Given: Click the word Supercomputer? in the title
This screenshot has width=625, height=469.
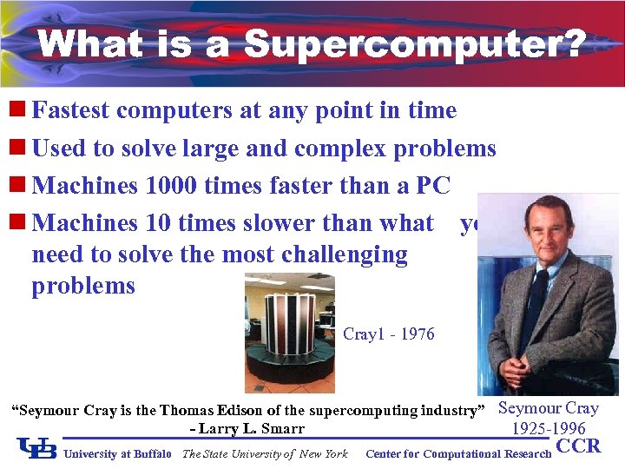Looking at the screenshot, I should [415, 44].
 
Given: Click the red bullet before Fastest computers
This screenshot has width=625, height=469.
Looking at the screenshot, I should [17, 110].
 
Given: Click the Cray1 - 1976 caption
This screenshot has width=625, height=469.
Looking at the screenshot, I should [389, 334].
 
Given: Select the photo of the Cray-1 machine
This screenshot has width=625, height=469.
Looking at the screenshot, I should [288, 333].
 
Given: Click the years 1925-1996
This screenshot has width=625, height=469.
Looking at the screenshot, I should [549, 428].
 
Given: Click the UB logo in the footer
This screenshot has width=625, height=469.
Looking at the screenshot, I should [37, 448].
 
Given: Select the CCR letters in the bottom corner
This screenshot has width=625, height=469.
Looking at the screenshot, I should [578, 447].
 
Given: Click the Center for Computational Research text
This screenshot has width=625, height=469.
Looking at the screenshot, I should [458, 453].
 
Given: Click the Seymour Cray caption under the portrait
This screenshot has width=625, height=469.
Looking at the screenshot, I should [549, 408].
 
